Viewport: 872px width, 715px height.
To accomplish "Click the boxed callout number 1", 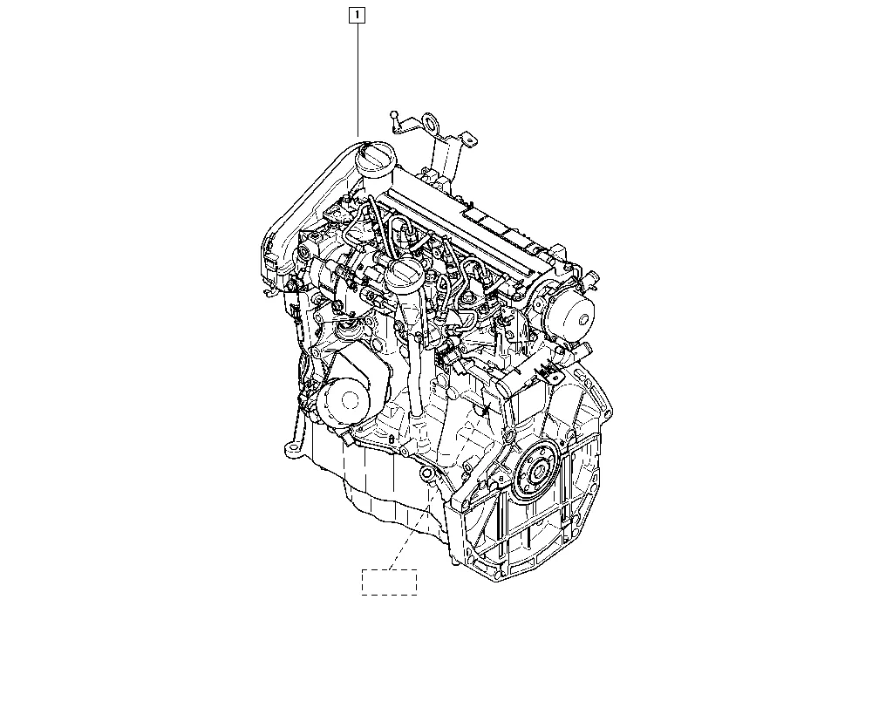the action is [x=357, y=15].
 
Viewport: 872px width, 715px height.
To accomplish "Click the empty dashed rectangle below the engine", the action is [x=389, y=582].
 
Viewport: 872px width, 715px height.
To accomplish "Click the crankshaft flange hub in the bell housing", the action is [x=536, y=473].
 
